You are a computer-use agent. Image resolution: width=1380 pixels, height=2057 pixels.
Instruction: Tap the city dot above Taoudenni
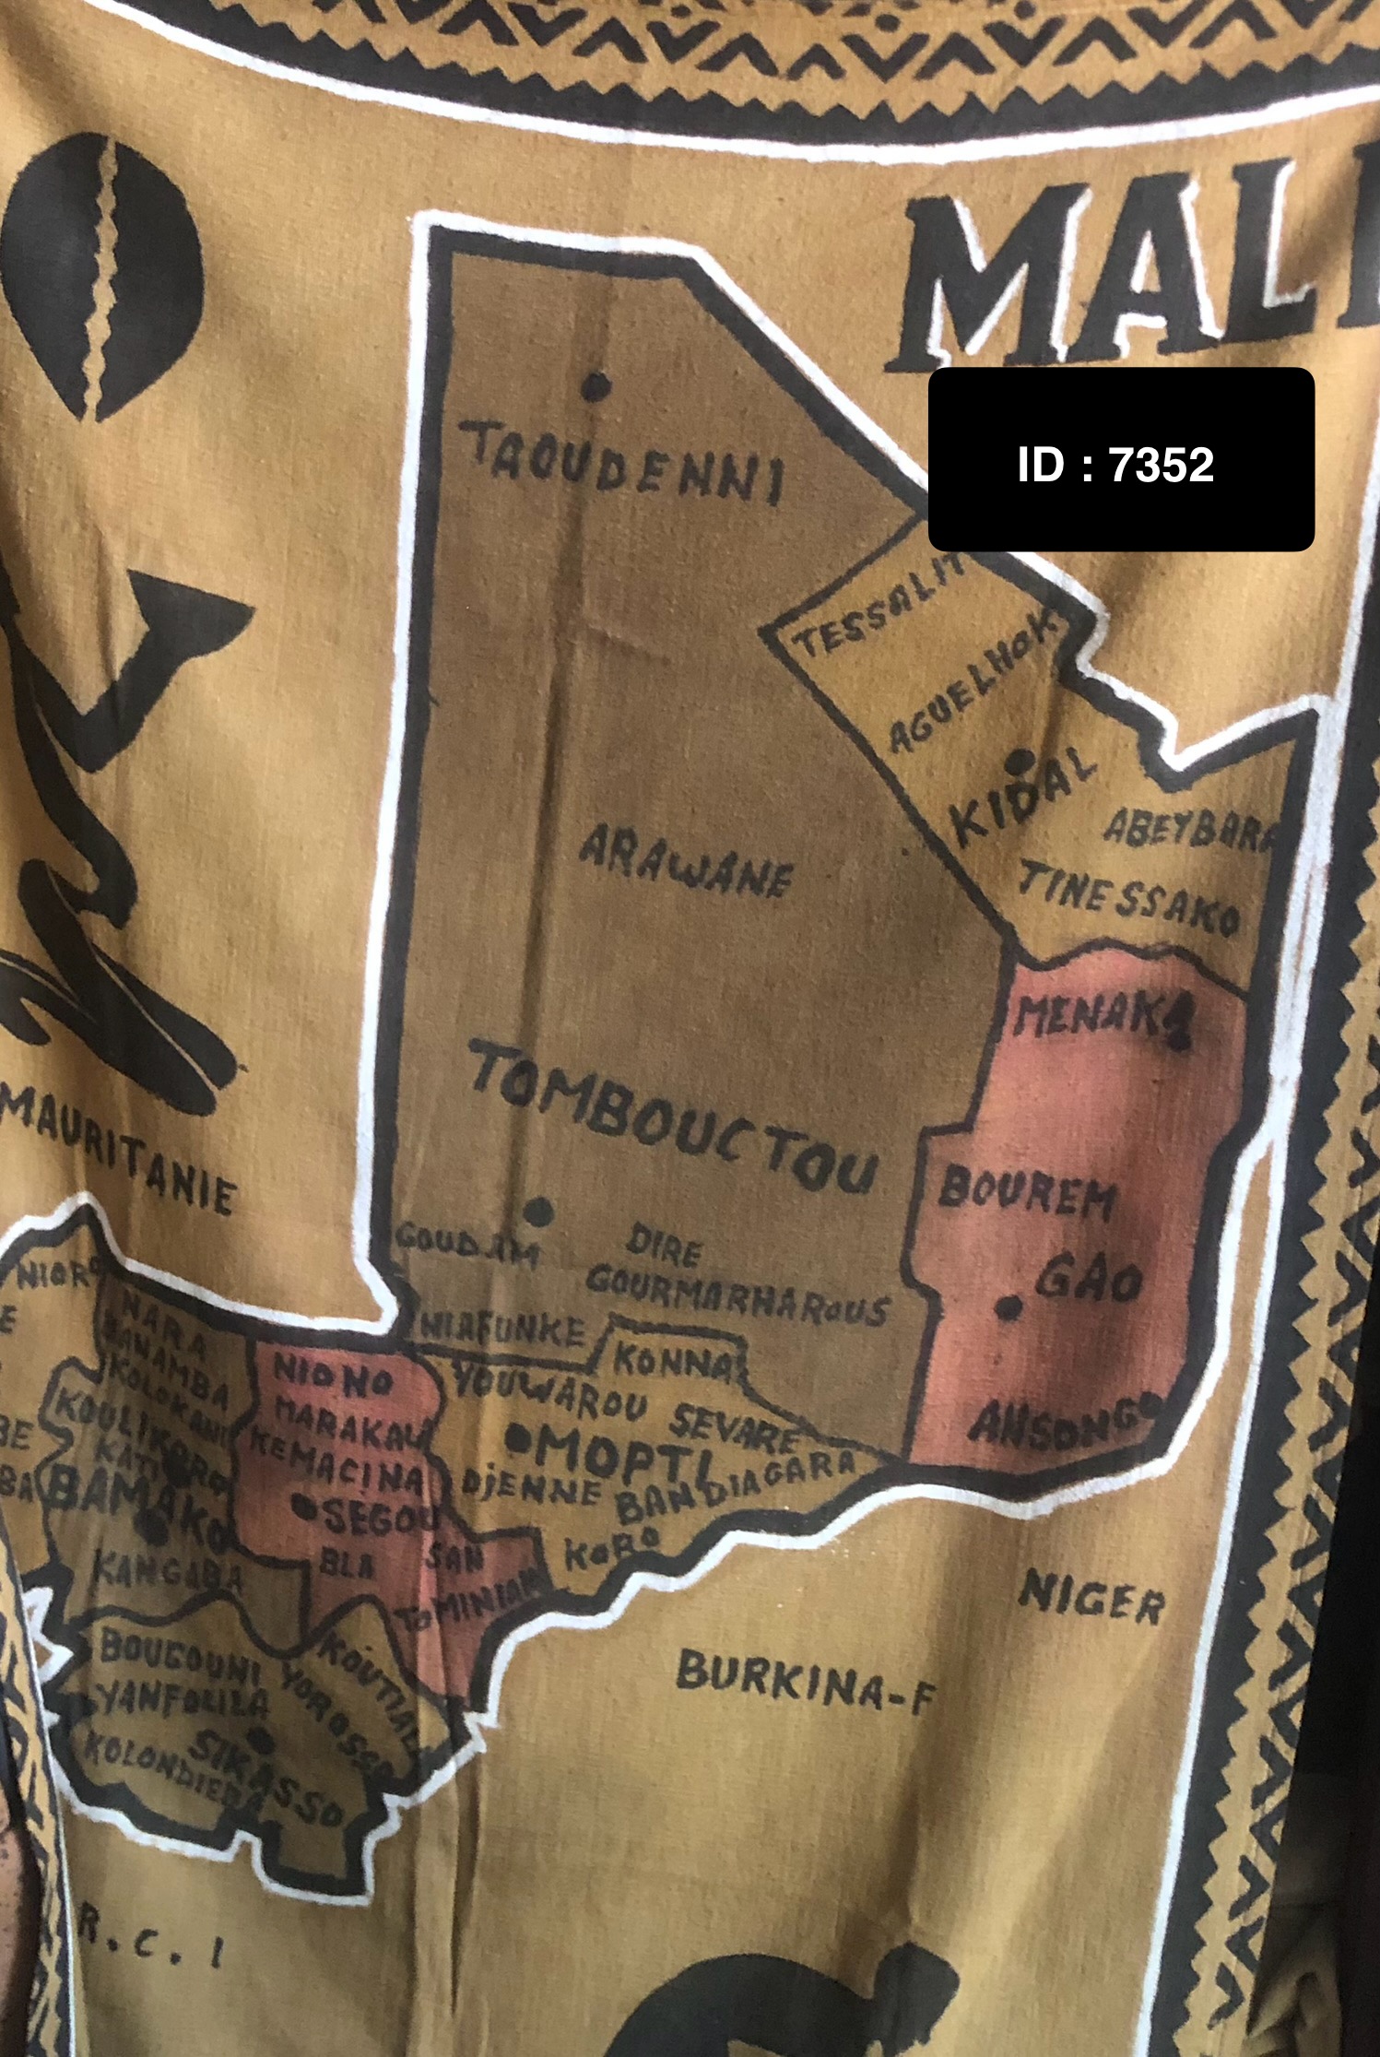click(599, 384)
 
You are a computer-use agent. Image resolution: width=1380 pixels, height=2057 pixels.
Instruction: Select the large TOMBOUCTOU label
click(673, 1123)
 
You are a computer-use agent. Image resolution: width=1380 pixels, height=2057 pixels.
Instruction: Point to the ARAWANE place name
click(686, 864)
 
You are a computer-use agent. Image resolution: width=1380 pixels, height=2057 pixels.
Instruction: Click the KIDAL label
click(1023, 796)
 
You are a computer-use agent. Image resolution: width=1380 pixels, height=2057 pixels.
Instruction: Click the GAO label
click(1091, 1279)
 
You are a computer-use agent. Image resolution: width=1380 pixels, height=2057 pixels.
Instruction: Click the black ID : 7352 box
click(1120, 459)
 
